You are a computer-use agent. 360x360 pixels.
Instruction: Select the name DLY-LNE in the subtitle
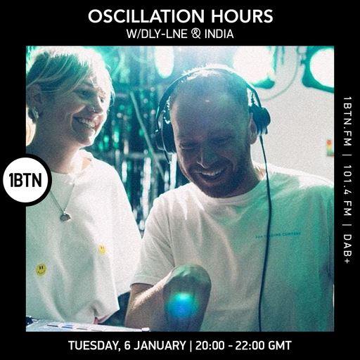tap(158, 33)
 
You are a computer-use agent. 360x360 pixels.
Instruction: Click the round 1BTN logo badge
tap(26, 180)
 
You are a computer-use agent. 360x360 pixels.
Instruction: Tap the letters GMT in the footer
tap(278, 346)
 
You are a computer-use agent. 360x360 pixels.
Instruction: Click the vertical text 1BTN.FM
tap(347, 122)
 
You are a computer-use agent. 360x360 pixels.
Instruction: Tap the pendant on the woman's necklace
tap(65, 217)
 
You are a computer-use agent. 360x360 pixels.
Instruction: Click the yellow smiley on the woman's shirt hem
tap(41, 269)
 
